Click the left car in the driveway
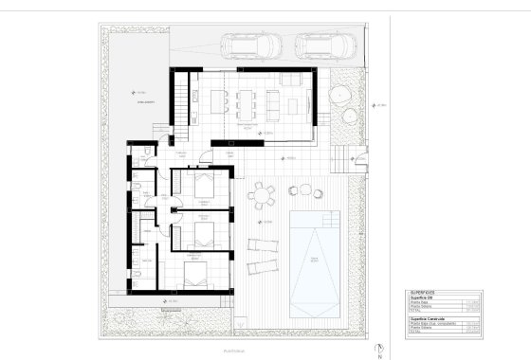(x=248, y=45)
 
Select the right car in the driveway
(x=322, y=45)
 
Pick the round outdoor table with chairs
(x=261, y=196)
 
